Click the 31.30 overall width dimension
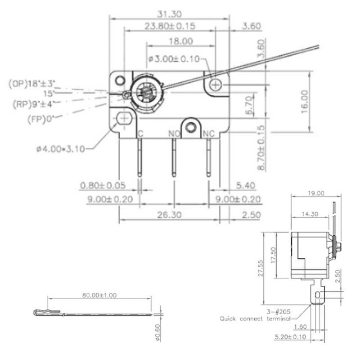(x=169, y=14)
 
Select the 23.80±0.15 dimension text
(x=170, y=26)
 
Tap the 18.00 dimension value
(x=181, y=41)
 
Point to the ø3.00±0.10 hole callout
(x=174, y=59)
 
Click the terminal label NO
(x=174, y=134)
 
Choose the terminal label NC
(x=209, y=133)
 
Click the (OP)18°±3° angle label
(x=32, y=84)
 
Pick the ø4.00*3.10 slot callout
(x=61, y=149)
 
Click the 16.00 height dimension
(x=305, y=102)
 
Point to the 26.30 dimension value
(x=170, y=215)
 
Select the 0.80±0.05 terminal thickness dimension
(x=103, y=185)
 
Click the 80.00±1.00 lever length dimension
(x=99, y=295)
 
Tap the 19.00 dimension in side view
(x=316, y=193)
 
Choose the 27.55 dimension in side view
(x=261, y=268)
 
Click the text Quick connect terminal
(x=255, y=319)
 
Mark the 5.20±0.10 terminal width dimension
(x=290, y=337)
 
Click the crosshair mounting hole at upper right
(x=216, y=85)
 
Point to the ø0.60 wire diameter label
(x=157, y=333)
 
